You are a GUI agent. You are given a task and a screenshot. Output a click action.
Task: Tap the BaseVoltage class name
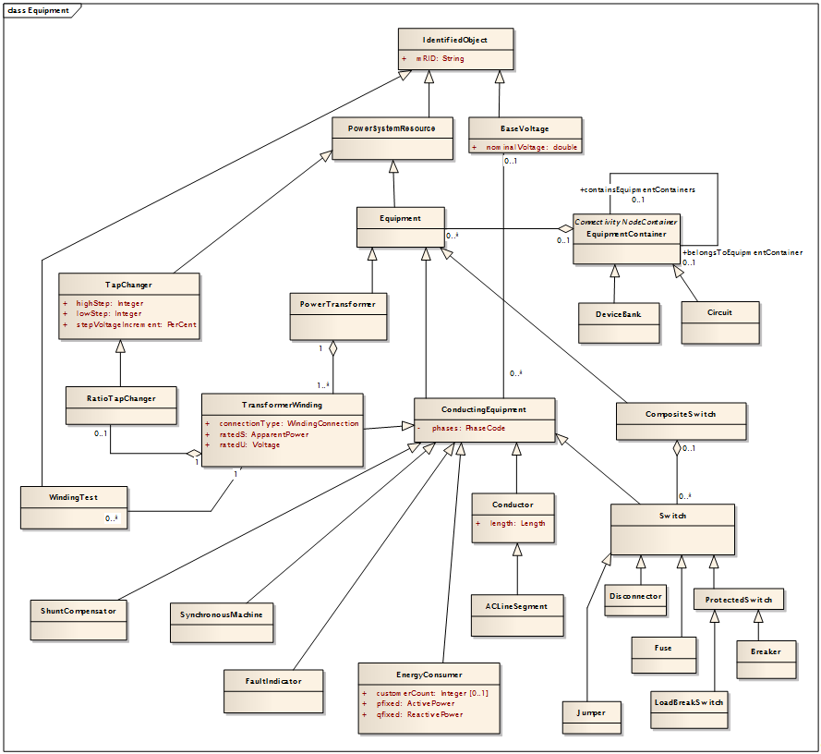pos(525,128)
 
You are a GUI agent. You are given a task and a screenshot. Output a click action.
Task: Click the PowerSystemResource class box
pos(392,138)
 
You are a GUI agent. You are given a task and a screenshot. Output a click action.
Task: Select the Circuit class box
pos(719,321)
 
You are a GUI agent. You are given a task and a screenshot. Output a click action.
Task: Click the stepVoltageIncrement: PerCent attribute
pos(136,324)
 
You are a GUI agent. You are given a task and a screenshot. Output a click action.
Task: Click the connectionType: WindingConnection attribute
pos(288,423)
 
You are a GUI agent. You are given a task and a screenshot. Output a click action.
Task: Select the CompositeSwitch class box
pos(681,421)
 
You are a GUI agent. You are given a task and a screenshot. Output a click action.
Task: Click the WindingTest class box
pos(73,507)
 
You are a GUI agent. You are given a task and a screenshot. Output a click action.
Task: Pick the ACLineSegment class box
pos(516,614)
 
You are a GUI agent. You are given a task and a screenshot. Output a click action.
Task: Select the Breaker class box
pos(766,659)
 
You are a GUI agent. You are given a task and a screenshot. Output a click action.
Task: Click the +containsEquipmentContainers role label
pos(637,188)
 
